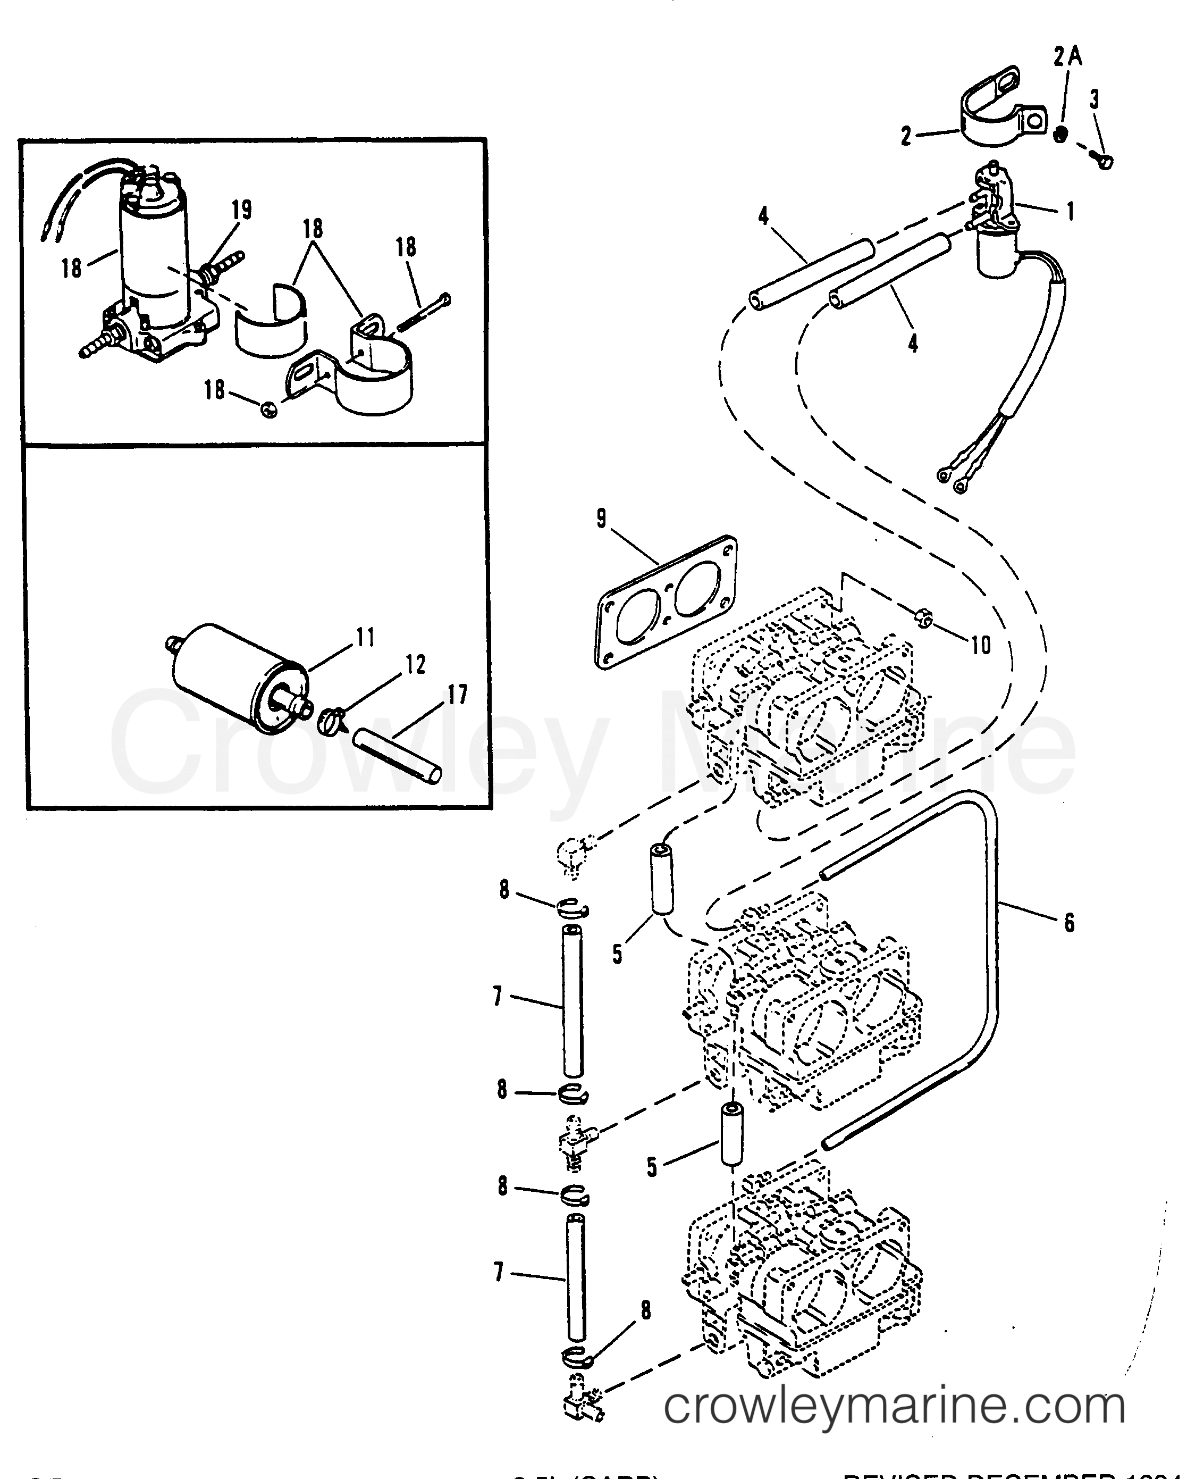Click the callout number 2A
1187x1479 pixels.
pos(1068,57)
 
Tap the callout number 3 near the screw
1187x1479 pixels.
pos(1095,99)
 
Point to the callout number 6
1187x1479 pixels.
pos(1069,923)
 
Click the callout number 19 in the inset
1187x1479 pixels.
pos(242,209)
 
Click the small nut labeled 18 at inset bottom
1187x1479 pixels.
pos(270,410)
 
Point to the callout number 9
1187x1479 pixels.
pos(601,519)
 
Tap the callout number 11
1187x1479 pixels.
pos(366,637)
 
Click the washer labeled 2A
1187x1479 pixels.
pos(1060,135)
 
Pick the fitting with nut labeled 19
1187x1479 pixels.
pos(212,272)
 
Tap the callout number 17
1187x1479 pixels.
pos(457,695)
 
